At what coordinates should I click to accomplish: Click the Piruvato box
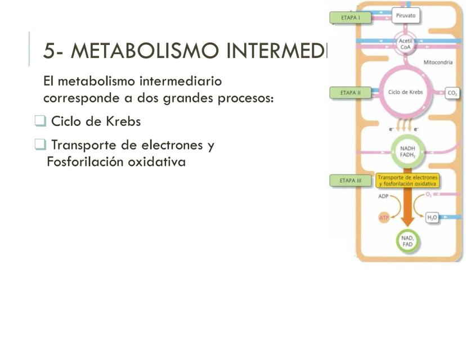(405, 16)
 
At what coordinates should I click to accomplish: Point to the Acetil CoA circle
(405, 45)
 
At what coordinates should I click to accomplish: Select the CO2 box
(452, 93)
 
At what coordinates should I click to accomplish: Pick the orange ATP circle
(384, 217)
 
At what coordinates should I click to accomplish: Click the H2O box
(432, 217)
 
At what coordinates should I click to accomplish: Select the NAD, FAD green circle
(407, 241)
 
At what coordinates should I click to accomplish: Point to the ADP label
(382, 196)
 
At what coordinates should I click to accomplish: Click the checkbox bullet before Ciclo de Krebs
(39, 121)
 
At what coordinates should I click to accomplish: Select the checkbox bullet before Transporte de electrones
(39, 145)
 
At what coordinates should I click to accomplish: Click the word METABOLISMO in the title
(147, 52)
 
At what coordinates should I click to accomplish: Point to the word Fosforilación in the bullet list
(82, 162)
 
